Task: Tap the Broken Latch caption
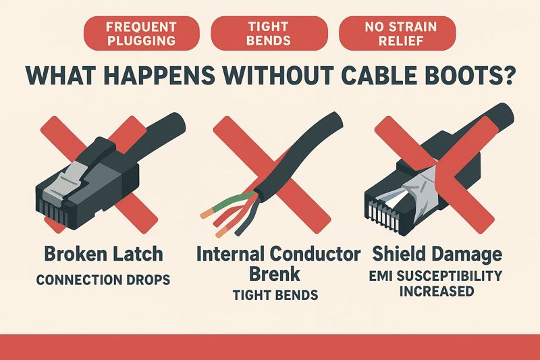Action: click(103, 254)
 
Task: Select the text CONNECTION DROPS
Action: click(103, 278)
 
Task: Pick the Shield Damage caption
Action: click(437, 254)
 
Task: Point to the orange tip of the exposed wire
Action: click(202, 214)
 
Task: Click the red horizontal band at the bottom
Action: click(270, 346)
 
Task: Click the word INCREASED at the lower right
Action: click(437, 291)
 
